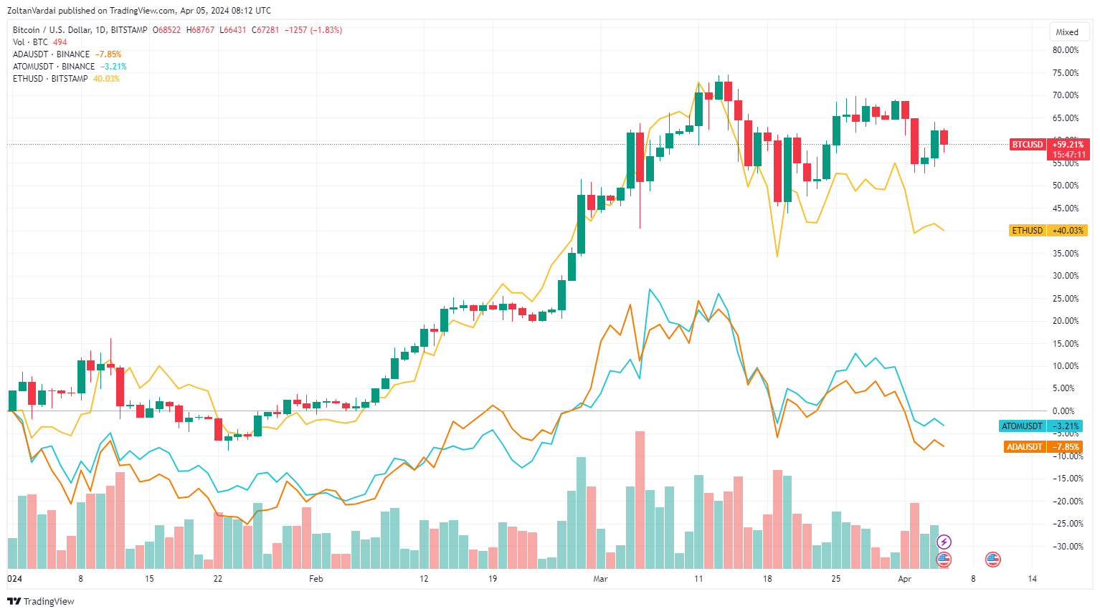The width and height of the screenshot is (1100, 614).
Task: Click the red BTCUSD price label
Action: click(1027, 145)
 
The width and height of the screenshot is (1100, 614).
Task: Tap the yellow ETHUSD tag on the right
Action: click(1027, 231)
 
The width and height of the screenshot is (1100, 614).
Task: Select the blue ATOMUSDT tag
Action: click(1022, 426)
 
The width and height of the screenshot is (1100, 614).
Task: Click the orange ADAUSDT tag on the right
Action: click(1024, 447)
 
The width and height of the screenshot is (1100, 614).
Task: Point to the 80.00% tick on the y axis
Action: click(1065, 50)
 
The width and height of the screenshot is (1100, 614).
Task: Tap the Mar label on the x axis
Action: click(600, 579)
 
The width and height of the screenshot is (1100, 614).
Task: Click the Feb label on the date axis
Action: click(316, 579)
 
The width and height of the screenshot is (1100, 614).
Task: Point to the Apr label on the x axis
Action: click(904, 579)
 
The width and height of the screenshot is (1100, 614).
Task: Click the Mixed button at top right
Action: click(1067, 32)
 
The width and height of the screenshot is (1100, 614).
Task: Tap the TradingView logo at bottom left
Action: click(41, 601)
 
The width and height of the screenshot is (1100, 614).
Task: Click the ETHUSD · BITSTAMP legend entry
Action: click(50, 79)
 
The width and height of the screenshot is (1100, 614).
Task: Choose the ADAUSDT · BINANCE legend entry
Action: click(51, 54)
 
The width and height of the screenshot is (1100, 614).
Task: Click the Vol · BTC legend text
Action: click(30, 42)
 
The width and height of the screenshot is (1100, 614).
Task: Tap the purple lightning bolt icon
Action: click(944, 542)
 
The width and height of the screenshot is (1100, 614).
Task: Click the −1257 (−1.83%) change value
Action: click(313, 30)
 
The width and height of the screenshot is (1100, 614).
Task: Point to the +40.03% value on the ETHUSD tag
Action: click(1068, 231)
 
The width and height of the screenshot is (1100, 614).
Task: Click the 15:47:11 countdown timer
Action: click(1068, 155)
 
